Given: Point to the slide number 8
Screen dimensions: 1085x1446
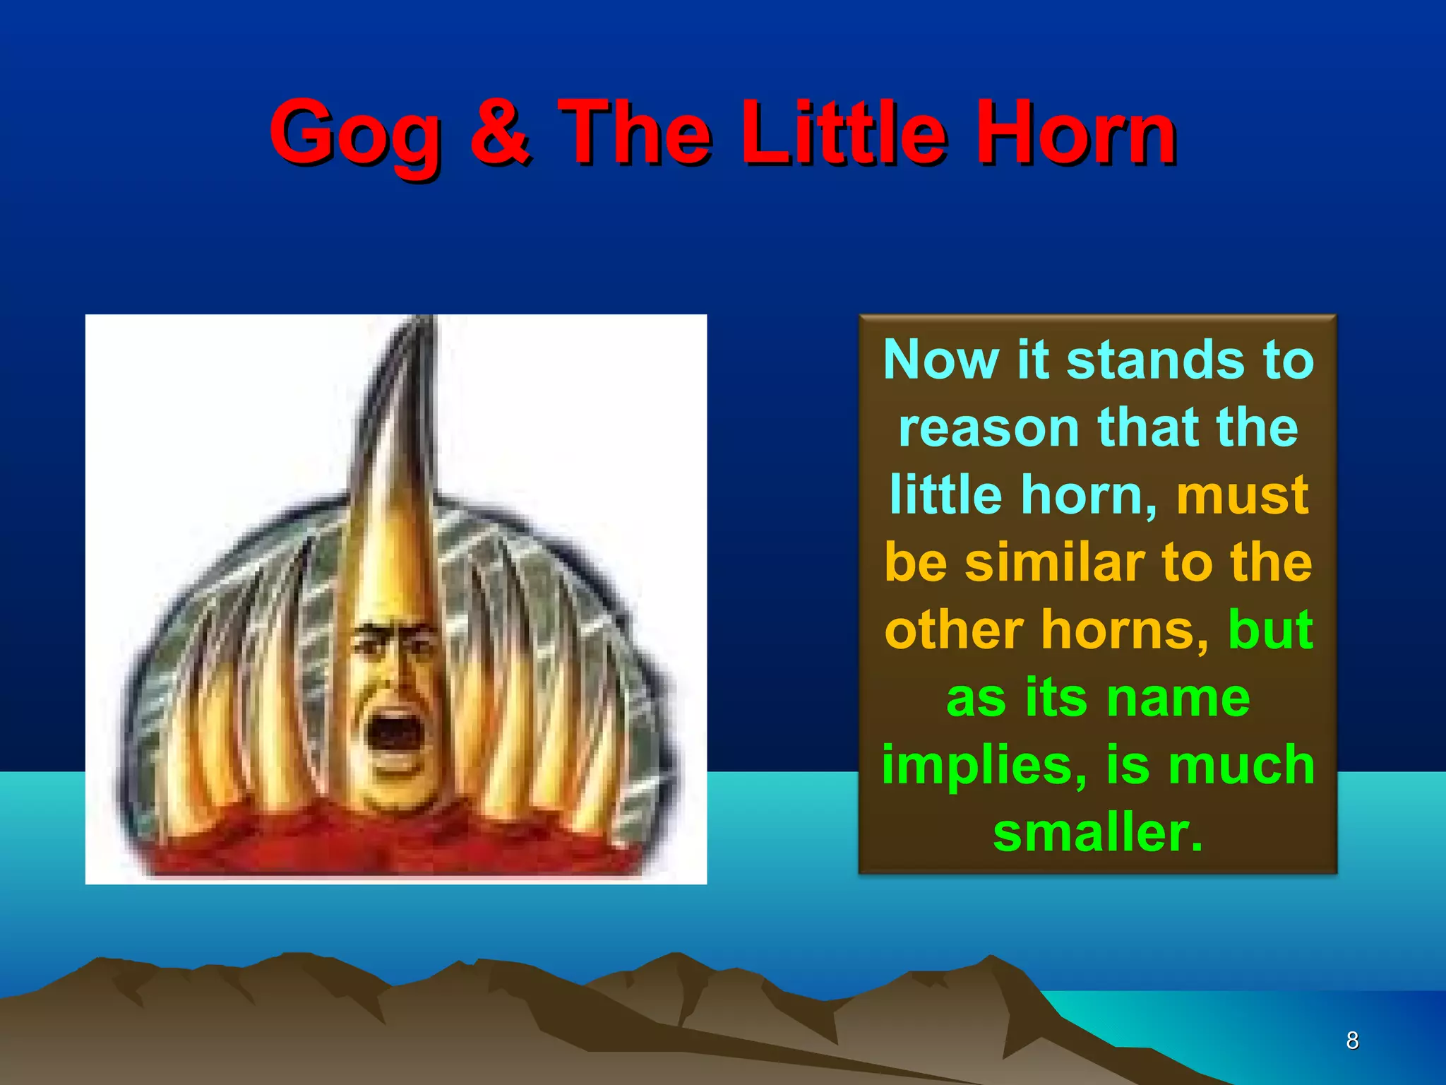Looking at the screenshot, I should click(x=1352, y=1040).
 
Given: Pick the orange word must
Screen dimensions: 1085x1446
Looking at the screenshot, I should click(x=1242, y=494).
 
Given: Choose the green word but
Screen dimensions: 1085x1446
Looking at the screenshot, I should click(x=1270, y=629).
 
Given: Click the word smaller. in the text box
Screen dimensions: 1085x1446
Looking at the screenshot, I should click(x=1098, y=832).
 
